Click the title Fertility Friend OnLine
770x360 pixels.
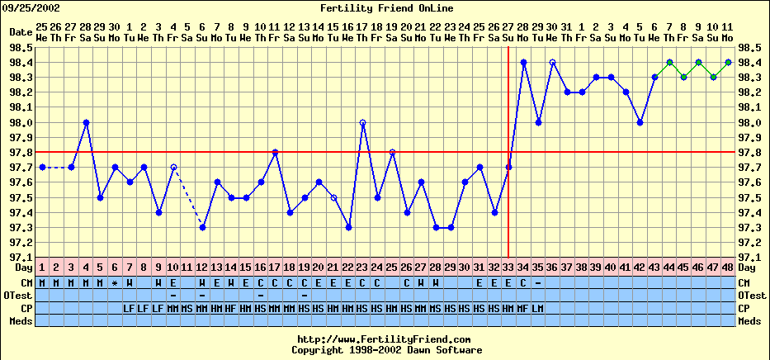(x=385, y=8)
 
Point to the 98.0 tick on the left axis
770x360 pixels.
(x=21, y=122)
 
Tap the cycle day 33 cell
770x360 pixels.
(x=508, y=268)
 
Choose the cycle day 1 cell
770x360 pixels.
(x=42, y=268)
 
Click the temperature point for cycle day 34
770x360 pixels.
(x=523, y=62)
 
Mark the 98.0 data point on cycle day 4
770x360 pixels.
(x=86, y=122)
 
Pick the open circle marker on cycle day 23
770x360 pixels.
(x=362, y=122)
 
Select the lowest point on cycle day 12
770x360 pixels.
(x=202, y=227)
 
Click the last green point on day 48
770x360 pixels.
(x=728, y=62)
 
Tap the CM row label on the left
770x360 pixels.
(x=21, y=282)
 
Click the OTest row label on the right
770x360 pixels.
(x=753, y=295)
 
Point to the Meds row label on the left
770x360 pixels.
(x=20, y=320)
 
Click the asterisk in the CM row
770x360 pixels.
(x=115, y=282)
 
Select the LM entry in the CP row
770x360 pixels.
(x=537, y=308)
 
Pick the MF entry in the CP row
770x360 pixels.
(x=523, y=308)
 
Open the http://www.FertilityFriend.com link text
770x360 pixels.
(x=385, y=339)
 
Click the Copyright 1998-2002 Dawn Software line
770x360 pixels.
(x=385, y=349)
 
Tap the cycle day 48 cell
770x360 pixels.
(x=728, y=268)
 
